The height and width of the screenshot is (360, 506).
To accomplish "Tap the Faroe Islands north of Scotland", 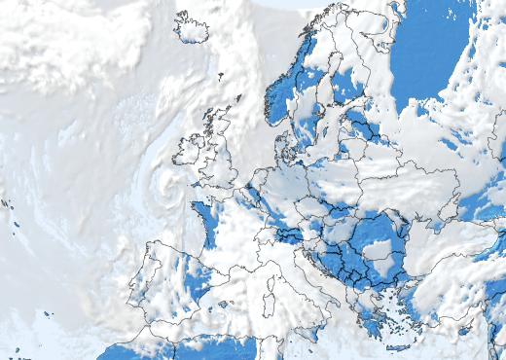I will click(221, 75).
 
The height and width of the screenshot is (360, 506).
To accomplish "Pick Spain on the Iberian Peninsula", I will click(170, 282).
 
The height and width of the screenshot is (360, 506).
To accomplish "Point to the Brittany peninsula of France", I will click(199, 209).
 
